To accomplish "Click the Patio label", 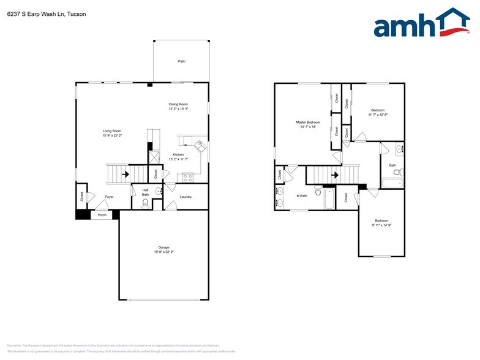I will [181, 61].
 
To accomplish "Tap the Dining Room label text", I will [178, 104].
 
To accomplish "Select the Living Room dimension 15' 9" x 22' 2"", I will [112, 135].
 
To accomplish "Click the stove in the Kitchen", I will [187, 178].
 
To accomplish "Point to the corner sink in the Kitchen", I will [200, 147].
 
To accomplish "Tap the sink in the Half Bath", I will [159, 191].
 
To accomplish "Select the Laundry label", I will [186, 197].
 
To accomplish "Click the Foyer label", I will [109, 197].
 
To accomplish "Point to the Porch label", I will [102, 215].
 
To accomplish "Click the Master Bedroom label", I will [308, 122].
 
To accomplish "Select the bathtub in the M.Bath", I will [329, 200].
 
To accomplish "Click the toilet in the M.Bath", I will [318, 192].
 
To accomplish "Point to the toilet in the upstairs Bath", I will [397, 173].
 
